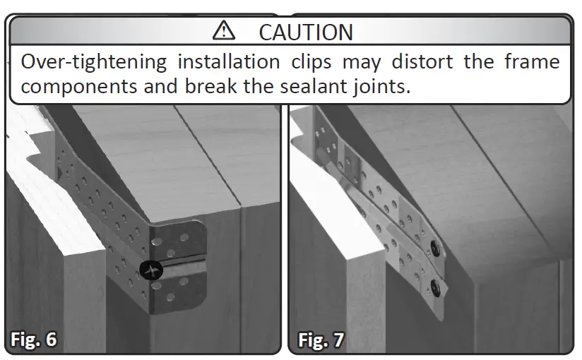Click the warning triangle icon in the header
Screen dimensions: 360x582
pyautogui.click(x=224, y=30)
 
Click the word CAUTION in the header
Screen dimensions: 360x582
pyautogui.click(x=305, y=32)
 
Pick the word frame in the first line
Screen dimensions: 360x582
pyautogui.click(x=531, y=62)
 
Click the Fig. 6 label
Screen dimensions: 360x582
pyautogui.click(x=33, y=339)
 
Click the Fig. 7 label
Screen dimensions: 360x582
pyautogui.click(x=321, y=340)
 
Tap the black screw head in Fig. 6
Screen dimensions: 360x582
pyautogui.click(x=151, y=269)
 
